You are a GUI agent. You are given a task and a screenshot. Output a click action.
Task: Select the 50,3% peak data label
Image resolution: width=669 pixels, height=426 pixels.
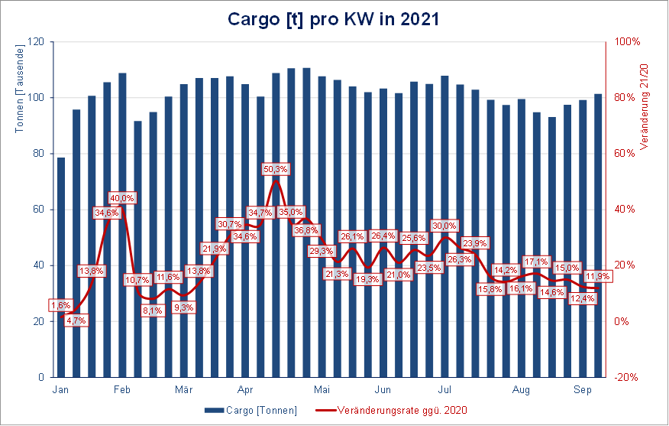click(275, 169)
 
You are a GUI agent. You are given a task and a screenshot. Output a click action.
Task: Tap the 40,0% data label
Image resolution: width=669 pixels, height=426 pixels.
click(121, 198)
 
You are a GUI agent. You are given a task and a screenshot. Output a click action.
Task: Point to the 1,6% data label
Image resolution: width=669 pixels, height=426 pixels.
click(60, 305)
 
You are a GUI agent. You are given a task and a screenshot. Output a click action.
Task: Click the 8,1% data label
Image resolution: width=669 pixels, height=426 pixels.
click(152, 311)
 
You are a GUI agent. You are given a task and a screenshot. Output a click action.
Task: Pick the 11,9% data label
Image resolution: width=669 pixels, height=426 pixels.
click(597, 275)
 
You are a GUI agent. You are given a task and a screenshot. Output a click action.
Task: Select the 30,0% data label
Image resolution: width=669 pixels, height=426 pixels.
click(444, 226)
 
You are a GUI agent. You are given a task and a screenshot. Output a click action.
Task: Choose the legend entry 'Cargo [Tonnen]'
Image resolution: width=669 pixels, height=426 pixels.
click(251, 410)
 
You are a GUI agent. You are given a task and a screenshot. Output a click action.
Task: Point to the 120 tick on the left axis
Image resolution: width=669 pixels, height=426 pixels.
click(36, 42)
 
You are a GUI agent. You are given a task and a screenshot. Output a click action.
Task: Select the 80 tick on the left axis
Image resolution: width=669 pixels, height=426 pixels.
click(38, 154)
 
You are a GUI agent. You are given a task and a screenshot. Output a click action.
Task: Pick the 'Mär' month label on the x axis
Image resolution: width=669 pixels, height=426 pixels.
click(183, 390)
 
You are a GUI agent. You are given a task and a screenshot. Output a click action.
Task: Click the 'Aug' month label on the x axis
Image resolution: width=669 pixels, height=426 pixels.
click(521, 390)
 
